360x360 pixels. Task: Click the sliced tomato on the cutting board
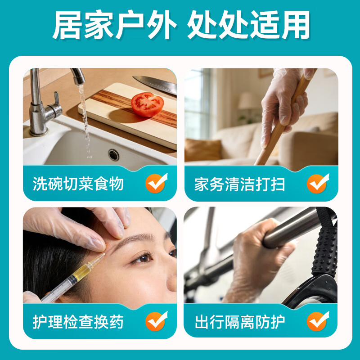[147, 104]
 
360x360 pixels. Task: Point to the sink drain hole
[113, 155]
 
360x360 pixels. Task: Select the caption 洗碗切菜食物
[78, 184]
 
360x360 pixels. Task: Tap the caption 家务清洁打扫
[240, 184]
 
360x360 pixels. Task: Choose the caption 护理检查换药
[78, 322]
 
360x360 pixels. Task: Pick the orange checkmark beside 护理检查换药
[156, 322]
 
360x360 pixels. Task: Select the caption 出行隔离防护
[240, 322]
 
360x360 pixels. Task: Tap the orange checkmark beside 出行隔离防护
[318, 322]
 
